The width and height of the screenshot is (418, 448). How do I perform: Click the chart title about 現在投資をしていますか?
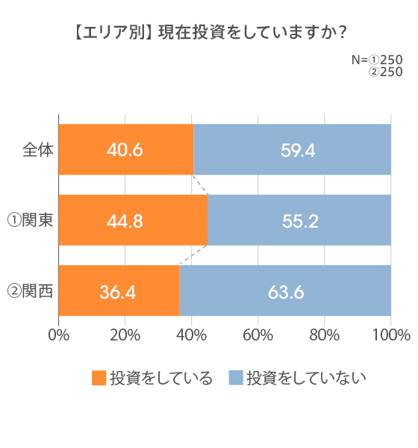point(210,33)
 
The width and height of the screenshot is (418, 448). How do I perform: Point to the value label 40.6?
point(125,150)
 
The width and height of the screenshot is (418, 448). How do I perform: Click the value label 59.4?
point(298,150)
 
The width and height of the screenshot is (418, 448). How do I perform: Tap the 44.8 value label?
point(125,220)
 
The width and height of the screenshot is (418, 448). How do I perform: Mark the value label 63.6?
point(286,291)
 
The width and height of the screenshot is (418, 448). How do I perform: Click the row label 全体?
point(37,149)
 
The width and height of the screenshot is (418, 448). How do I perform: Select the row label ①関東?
point(30,220)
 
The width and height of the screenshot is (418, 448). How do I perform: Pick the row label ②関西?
point(30,290)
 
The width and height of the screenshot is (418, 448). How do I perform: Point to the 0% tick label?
point(59,334)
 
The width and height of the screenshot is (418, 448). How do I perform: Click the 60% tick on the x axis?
point(258,334)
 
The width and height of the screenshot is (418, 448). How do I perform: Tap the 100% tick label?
point(391,334)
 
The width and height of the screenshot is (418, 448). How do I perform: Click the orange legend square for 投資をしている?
point(99,378)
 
